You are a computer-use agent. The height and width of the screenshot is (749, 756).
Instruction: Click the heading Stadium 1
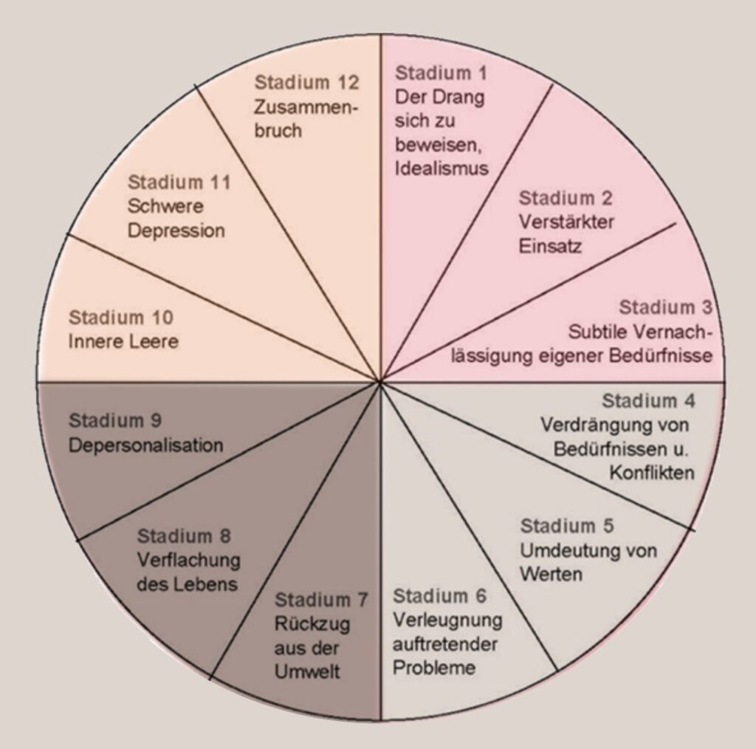[x=441, y=73]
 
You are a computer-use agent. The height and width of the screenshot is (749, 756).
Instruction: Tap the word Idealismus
[x=441, y=168]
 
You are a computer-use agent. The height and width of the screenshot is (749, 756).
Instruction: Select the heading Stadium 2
[x=566, y=198]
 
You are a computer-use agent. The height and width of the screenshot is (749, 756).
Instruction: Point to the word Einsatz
[x=550, y=245]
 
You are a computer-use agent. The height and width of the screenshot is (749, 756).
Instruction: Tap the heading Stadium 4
[x=648, y=401]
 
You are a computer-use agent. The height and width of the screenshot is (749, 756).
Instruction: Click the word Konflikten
[x=652, y=473]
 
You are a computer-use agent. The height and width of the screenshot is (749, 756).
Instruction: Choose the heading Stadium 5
[x=567, y=527]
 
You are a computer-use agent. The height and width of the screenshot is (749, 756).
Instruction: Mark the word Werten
[x=551, y=574]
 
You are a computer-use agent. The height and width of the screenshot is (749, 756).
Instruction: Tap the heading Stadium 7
[x=322, y=598]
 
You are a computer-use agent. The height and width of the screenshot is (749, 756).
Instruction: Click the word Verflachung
[x=188, y=559]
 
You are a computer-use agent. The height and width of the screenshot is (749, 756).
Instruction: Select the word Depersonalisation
[x=145, y=445]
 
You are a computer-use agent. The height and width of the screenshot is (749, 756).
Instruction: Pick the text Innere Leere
[x=123, y=342]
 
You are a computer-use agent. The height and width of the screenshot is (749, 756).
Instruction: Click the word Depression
[x=176, y=230]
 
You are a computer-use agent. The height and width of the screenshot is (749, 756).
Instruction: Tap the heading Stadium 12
[x=306, y=81]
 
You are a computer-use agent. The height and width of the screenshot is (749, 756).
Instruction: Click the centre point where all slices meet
[x=379, y=382]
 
